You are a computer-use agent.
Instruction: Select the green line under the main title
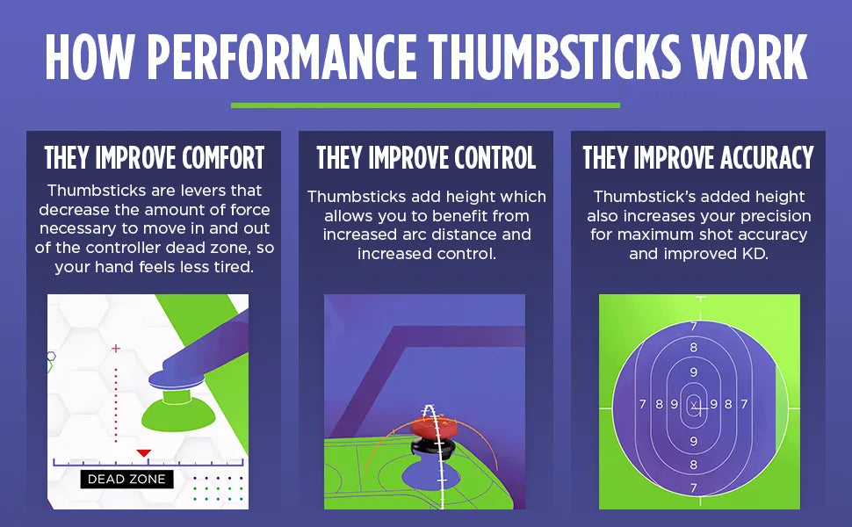tap(425, 105)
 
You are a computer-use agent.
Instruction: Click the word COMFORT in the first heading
tap(223, 158)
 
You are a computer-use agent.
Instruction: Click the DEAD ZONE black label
tap(126, 480)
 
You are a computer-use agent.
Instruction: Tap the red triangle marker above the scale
tap(143, 453)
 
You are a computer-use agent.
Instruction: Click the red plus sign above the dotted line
tap(116, 348)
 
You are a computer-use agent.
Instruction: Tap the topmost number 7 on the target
tap(693, 327)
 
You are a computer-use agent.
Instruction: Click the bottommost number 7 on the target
tap(693, 487)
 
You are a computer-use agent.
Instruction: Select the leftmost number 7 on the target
tap(643, 404)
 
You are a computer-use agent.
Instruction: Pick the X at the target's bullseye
tap(694, 405)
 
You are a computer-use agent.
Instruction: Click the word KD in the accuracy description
tap(755, 254)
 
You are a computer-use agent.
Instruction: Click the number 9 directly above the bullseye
tap(693, 372)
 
